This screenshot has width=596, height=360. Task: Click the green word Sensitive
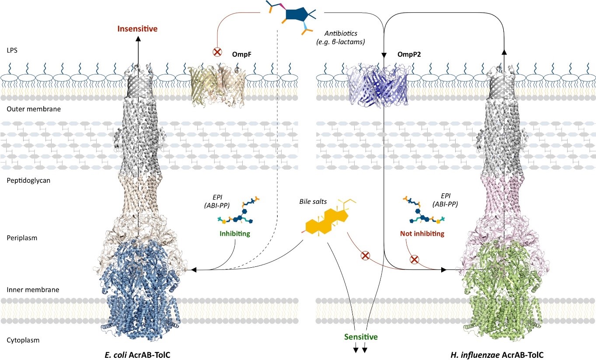pos(361,337)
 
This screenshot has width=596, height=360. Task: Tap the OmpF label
pos(241,55)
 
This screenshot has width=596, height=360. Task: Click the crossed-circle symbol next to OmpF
pos(216,52)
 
